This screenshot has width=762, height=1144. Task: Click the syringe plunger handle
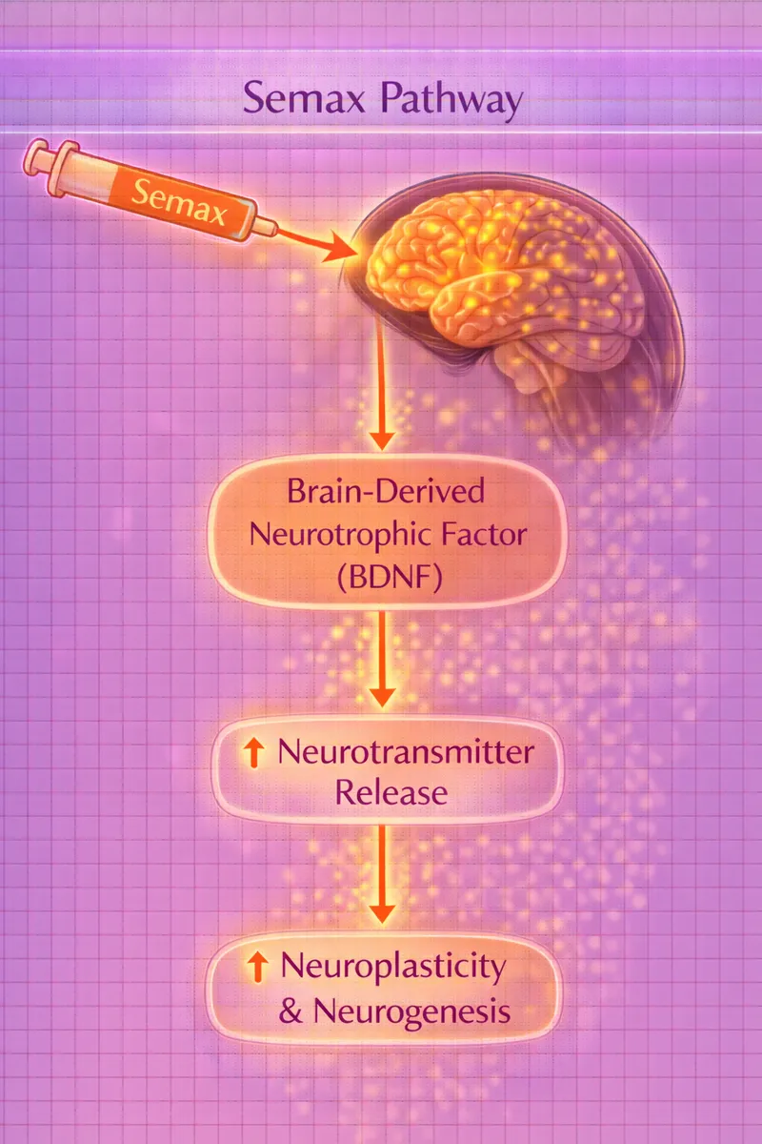tap(36, 155)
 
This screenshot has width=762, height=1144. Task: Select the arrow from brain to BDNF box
tap(382, 381)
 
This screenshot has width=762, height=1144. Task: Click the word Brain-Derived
tap(386, 495)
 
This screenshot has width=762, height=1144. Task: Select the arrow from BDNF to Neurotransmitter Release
tap(382, 658)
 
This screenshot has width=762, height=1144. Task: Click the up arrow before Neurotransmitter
tap(253, 754)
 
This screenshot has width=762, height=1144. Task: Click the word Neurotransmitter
tap(405, 754)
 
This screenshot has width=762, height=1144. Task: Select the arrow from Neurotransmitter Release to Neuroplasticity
tap(382, 872)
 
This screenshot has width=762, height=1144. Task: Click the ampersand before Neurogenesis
tap(289, 1011)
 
